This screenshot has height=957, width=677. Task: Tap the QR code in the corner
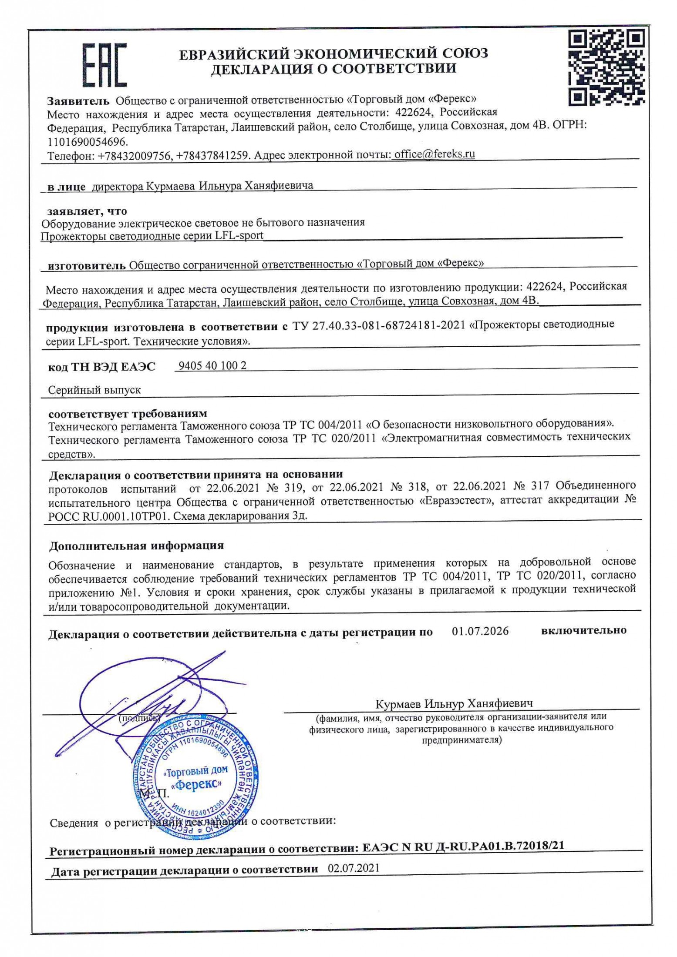[x=606, y=68]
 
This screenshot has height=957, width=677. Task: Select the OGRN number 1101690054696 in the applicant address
[x=88, y=142]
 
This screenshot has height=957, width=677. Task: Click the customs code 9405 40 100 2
[x=212, y=366]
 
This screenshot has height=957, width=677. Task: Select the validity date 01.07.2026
[x=480, y=631]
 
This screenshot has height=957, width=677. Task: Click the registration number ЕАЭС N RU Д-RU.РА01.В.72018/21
[x=463, y=846]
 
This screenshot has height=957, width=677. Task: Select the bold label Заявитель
[x=78, y=101]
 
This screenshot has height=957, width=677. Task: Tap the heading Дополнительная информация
[x=136, y=545]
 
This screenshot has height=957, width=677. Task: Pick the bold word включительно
[x=583, y=630]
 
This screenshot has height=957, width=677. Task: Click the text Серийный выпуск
[x=94, y=390]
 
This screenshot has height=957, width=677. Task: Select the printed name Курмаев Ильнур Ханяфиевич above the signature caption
[x=454, y=703]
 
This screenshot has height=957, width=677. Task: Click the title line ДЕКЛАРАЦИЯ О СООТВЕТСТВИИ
[x=333, y=68]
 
